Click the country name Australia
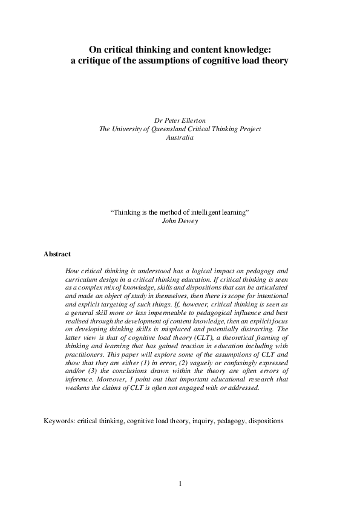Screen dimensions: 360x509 coord(180,137)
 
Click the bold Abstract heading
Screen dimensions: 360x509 coord(57,254)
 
